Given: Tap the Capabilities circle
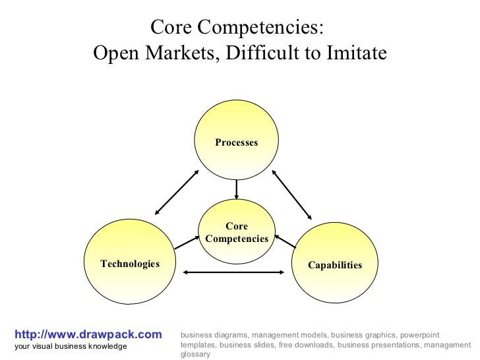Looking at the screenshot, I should pyautogui.click(x=334, y=264).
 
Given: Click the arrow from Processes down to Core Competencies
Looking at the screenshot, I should pyautogui.click(x=237, y=190).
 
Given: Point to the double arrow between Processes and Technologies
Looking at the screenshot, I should pyautogui.click(x=176, y=192).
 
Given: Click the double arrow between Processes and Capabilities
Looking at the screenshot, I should pyautogui.click(x=291, y=195).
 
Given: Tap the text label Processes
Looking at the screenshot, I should pyautogui.click(x=236, y=143).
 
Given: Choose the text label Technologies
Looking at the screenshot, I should pyautogui.click(x=130, y=264).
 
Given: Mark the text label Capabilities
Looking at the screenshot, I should pyautogui.click(x=335, y=265).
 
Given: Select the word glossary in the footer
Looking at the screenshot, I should pyautogui.click(x=195, y=354).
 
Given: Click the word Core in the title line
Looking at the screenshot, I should pyautogui.click(x=173, y=28).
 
